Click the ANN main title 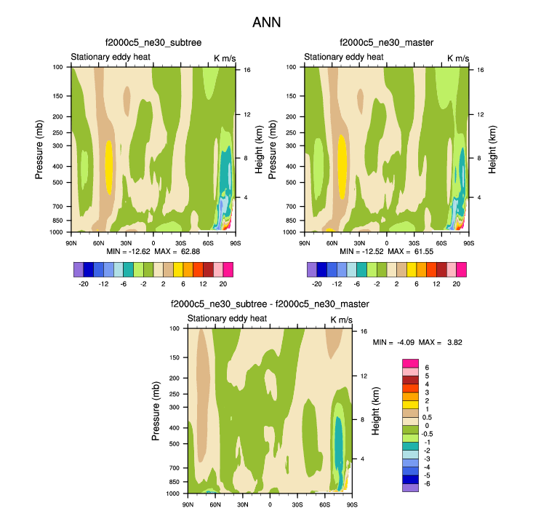point(266,23)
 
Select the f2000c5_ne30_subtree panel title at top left point(153,44)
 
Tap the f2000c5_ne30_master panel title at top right point(386,44)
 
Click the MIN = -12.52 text point(356,251)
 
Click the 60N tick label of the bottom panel point(215,504)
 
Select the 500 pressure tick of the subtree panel point(60,182)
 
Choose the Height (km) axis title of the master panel point(492,149)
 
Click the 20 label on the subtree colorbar point(224,284)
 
